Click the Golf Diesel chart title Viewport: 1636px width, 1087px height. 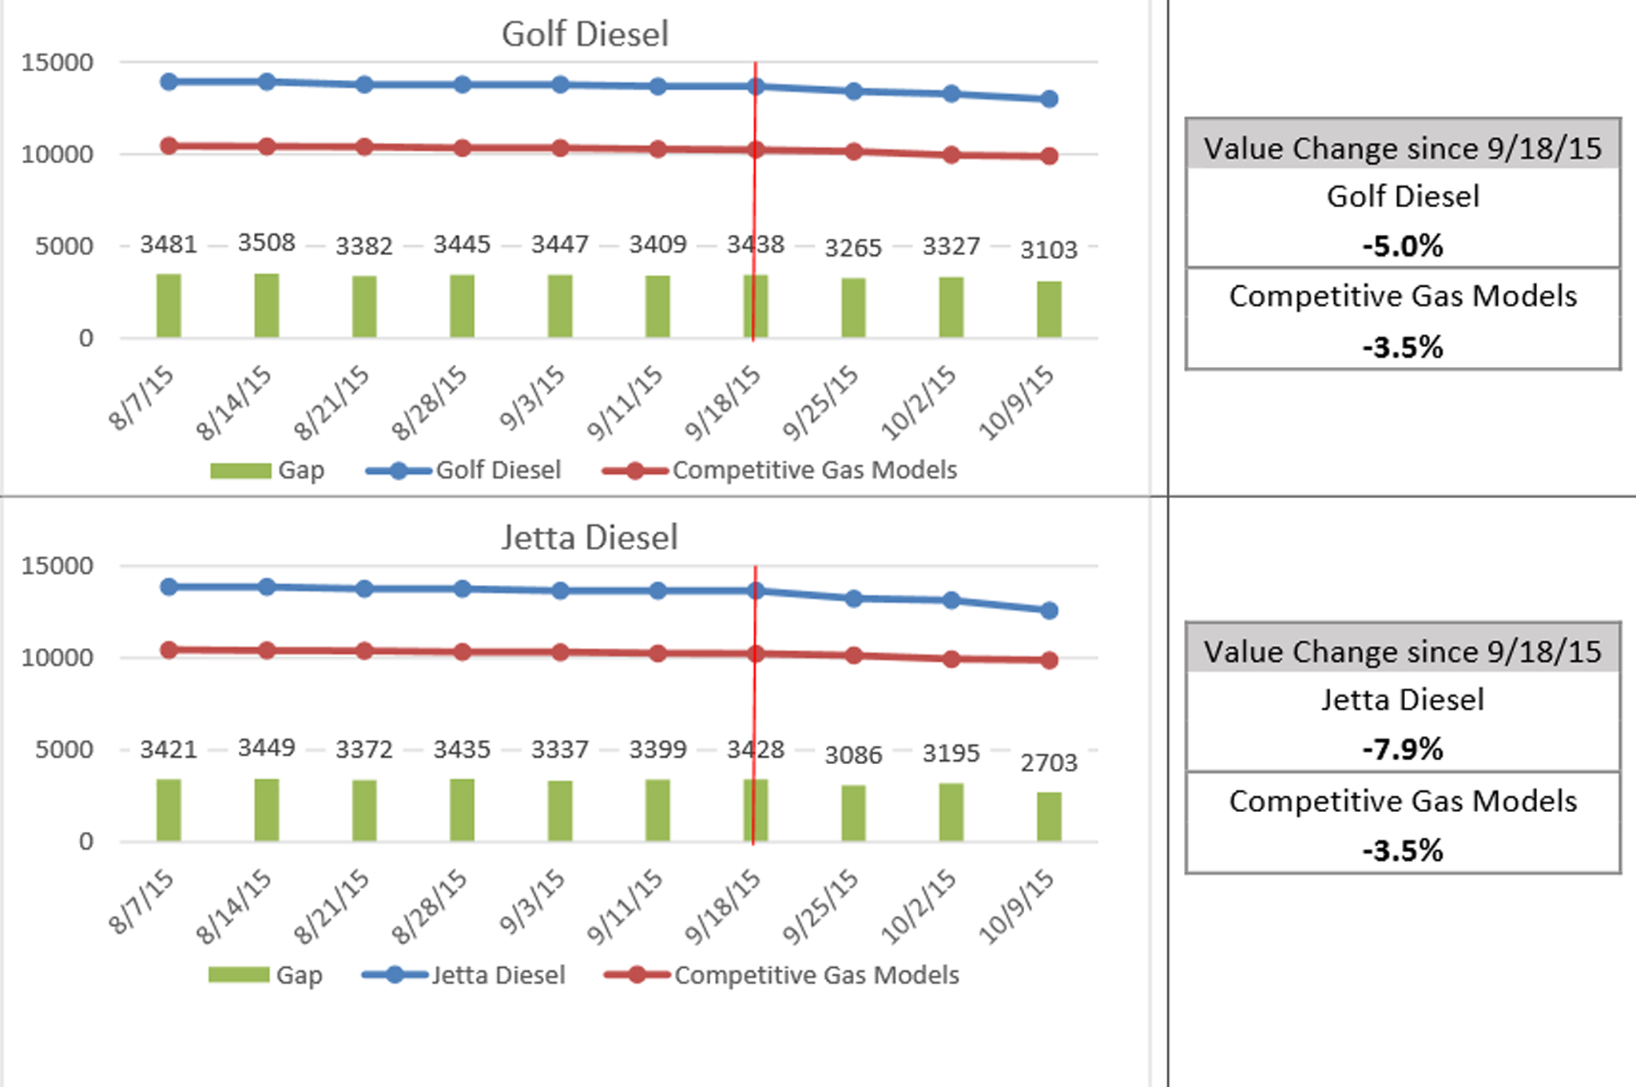585,34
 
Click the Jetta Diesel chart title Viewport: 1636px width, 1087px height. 590,538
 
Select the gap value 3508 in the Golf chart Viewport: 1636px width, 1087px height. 267,242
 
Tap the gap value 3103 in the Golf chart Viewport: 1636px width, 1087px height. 1049,250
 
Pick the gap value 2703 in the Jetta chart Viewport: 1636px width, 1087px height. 1049,762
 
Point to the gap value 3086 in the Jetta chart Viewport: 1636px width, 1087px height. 853,755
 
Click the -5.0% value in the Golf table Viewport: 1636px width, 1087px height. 1403,245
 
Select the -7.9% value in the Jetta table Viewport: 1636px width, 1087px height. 1403,749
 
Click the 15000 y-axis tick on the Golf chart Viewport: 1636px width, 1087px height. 58,62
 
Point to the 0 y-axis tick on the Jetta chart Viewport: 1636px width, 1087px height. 86,841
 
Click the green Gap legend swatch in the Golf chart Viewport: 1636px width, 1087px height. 240,471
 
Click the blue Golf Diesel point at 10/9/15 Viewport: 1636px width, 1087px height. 1049,99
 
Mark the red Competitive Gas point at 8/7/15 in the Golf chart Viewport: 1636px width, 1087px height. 169,146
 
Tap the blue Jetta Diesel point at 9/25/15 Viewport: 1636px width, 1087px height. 853,599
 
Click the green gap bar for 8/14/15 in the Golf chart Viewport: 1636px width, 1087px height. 267,306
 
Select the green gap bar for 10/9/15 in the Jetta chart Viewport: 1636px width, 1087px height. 1049,817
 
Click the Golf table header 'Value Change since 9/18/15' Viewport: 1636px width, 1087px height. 1403,149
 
